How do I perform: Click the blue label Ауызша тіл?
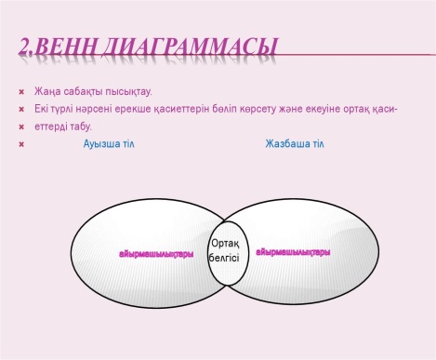[109, 144]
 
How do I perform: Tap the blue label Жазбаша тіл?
[293, 144]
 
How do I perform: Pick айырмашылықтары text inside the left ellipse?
[155, 253]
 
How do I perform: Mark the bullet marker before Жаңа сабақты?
[22, 93]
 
